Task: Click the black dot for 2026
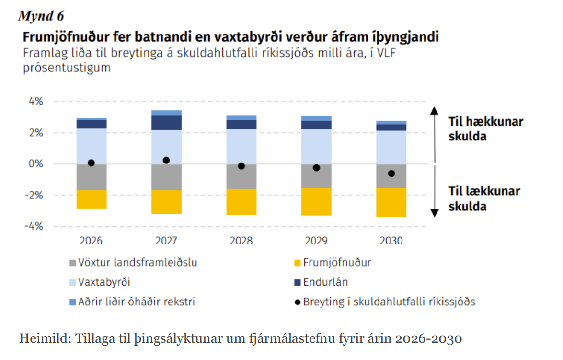91,163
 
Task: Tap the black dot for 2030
391,174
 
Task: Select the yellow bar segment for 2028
241,201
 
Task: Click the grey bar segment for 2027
166,177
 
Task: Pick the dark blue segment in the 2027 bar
166,122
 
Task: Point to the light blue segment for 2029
316,146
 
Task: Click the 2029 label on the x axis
316,241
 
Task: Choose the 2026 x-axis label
91,241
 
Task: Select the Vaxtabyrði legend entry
103,282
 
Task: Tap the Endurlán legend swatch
298,282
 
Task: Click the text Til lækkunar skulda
484,198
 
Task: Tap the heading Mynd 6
41,16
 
